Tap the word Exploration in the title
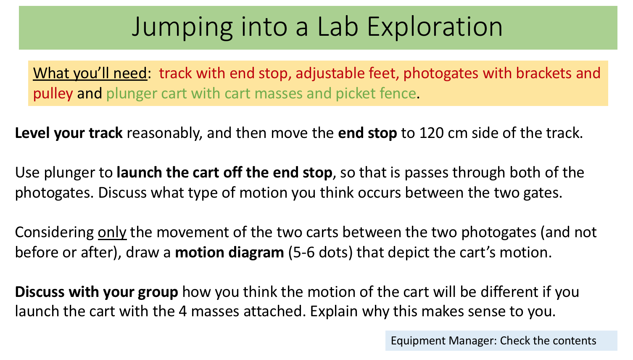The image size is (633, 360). point(435,27)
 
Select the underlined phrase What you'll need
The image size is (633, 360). point(90,73)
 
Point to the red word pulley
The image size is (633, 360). point(53,93)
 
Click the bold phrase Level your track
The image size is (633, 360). point(69,133)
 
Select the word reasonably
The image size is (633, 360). point(164,133)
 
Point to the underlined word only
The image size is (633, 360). point(112,232)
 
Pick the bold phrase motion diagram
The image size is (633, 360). point(229,252)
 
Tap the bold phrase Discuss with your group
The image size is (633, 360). point(97,292)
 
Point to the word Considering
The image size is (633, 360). point(54,232)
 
